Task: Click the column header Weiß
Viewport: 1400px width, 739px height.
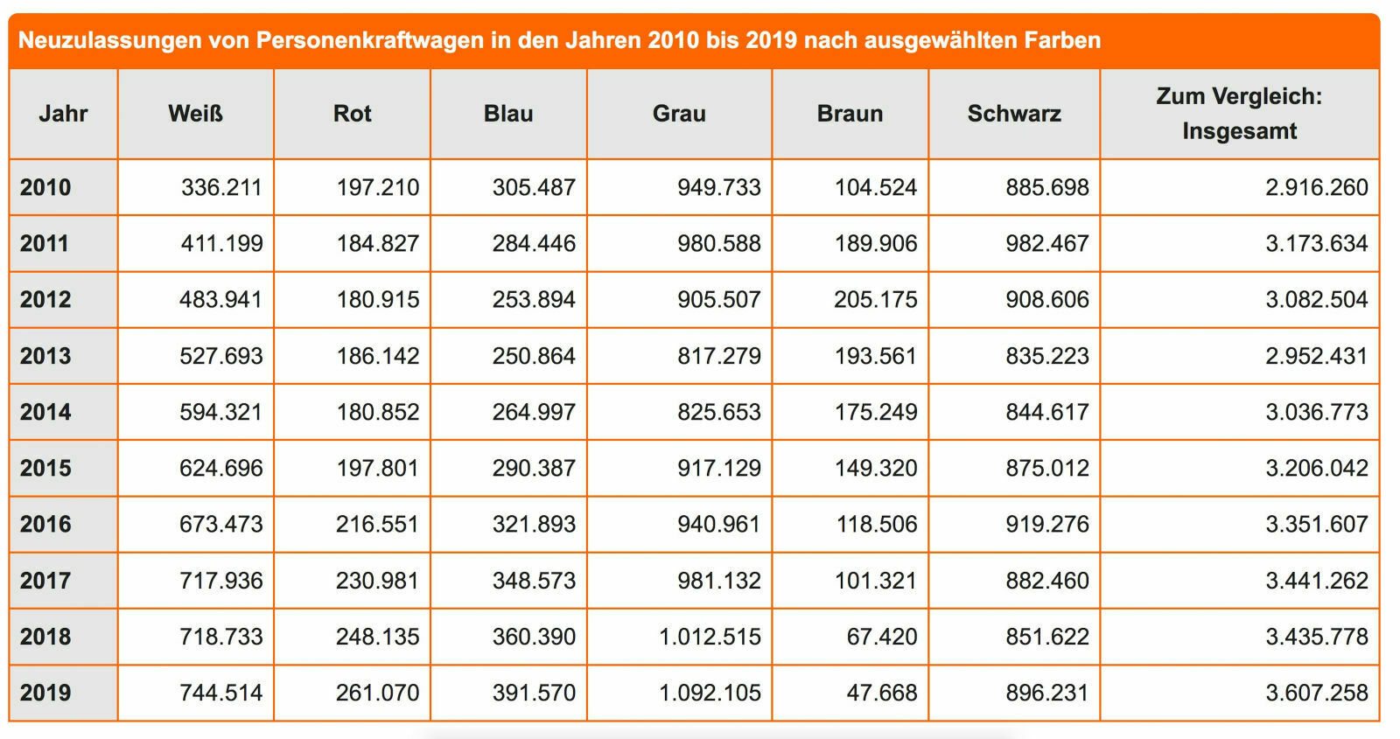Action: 195,114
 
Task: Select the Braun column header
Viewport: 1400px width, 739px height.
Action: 850,114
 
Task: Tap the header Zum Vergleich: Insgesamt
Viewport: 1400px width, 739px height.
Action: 1239,114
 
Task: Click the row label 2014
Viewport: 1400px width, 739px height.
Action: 45,412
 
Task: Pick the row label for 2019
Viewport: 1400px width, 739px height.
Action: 45,693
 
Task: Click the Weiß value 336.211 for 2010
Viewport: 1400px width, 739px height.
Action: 221,187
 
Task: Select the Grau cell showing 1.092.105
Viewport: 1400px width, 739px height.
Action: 710,693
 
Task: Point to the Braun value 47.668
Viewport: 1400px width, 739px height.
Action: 881,693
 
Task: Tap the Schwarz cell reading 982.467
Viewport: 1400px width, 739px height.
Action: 1046,243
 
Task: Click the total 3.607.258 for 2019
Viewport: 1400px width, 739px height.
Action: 1316,693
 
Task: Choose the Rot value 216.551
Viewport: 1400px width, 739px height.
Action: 377,524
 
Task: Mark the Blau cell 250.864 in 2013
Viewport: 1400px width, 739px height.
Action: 534,356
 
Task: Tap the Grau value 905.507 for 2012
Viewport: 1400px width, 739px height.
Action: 718,299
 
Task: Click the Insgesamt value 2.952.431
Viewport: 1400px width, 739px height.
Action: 1316,356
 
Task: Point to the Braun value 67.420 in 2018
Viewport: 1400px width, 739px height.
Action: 881,637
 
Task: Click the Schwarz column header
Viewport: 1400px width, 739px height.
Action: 1014,114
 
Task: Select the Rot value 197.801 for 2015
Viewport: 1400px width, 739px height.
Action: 377,468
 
